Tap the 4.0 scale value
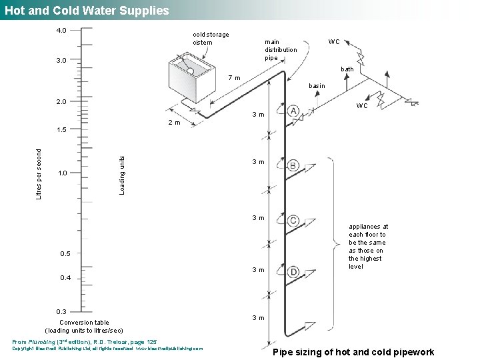[61, 31]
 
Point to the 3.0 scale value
[61, 61]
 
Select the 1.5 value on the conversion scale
[61, 129]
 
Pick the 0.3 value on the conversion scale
[61, 312]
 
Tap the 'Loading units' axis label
[121, 175]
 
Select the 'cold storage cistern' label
[211, 38]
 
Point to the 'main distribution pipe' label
[281, 49]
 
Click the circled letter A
[293, 111]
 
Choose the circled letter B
[293, 165]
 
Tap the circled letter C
[293, 221]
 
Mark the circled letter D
[293, 271]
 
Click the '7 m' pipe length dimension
[234, 78]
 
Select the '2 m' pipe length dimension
[173, 123]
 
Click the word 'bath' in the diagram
[347, 69]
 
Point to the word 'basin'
[317, 86]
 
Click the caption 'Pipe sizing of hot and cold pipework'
[354, 352]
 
